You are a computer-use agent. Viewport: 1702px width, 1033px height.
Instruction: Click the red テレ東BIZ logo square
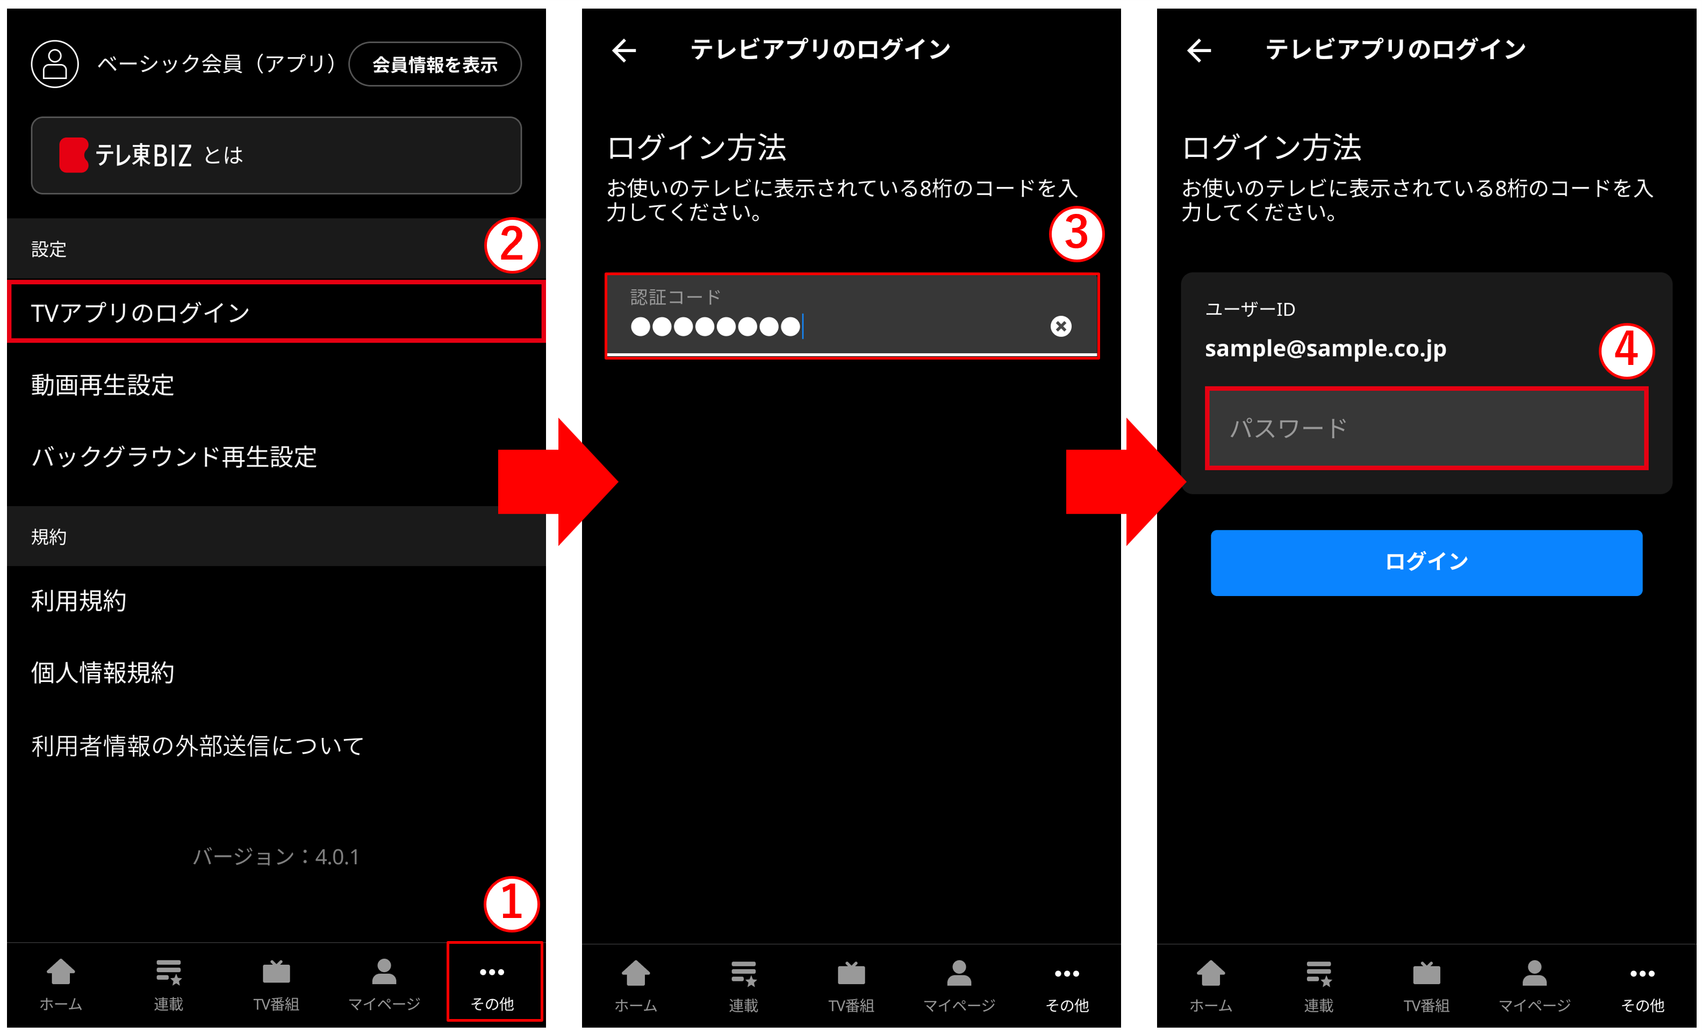tap(73, 155)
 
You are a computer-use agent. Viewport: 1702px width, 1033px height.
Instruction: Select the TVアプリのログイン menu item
tap(276, 312)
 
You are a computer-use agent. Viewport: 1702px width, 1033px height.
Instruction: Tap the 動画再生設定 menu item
tap(102, 385)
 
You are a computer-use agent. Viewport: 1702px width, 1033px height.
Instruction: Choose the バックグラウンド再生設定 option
tap(174, 457)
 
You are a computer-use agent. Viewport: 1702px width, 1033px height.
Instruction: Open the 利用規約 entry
tap(79, 600)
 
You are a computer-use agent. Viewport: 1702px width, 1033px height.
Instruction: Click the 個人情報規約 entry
tap(102, 672)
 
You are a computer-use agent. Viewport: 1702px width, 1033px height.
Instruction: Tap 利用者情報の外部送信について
tap(198, 745)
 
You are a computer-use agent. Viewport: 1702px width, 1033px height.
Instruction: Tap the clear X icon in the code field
tap(1061, 326)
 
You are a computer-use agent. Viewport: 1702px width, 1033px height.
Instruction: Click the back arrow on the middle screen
tap(624, 50)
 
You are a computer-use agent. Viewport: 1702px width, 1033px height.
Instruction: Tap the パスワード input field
tap(1426, 428)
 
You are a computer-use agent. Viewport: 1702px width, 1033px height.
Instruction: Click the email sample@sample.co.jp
tap(1325, 348)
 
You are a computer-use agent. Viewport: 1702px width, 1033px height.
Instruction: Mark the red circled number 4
tap(1626, 351)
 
